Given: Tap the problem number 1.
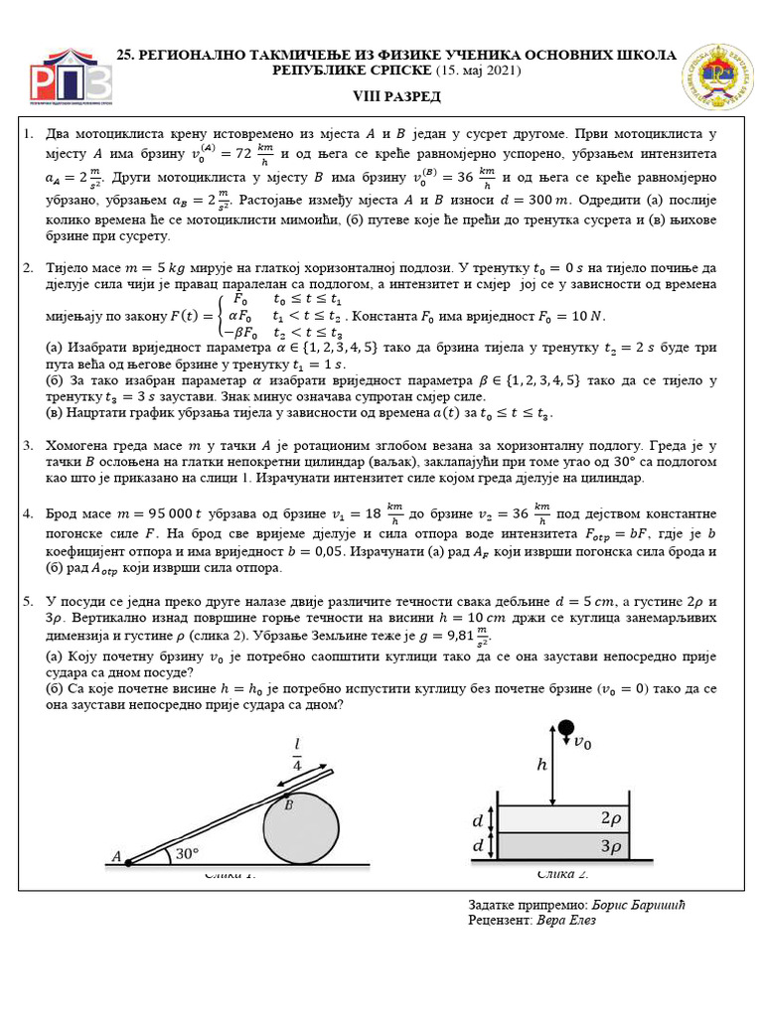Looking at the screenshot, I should [28, 133].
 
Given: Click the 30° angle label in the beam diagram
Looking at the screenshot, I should [187, 852].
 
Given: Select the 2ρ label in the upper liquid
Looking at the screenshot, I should [611, 817].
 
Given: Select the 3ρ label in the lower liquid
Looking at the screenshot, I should [611, 846].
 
